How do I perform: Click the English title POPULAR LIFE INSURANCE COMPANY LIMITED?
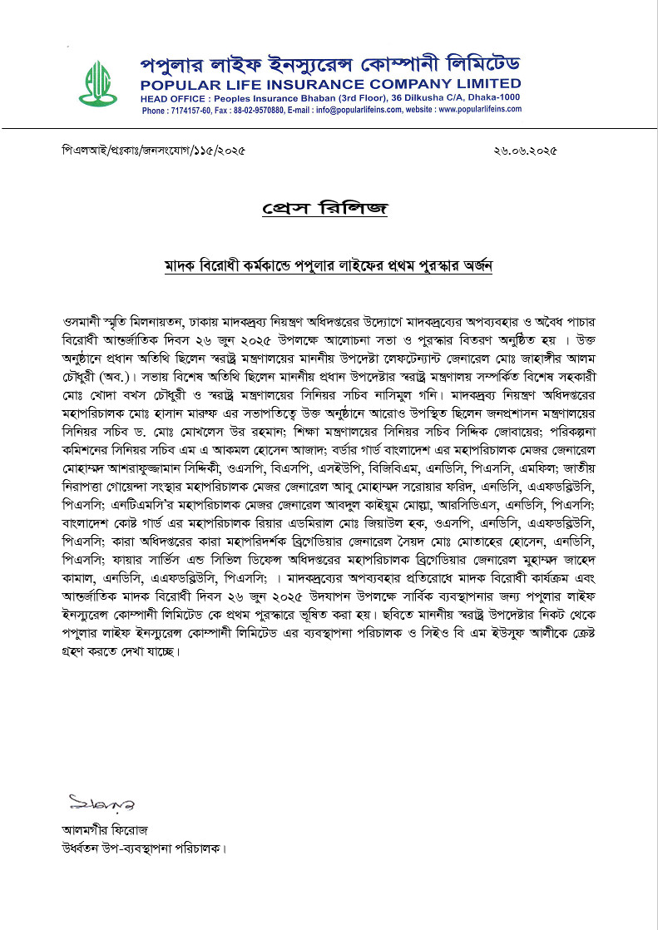(330, 84)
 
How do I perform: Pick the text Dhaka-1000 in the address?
(496, 97)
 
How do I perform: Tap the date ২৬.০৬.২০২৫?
(524, 151)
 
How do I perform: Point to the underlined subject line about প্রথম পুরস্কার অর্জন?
(329, 266)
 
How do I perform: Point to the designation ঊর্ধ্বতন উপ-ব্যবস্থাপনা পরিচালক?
(142, 848)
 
